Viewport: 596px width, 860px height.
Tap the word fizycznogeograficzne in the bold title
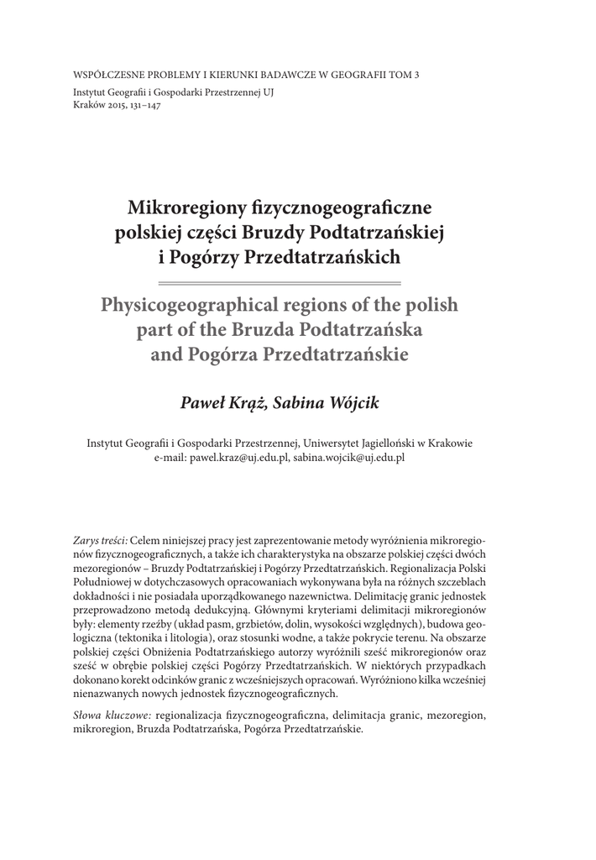336,206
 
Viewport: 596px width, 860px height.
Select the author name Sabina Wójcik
332,404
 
